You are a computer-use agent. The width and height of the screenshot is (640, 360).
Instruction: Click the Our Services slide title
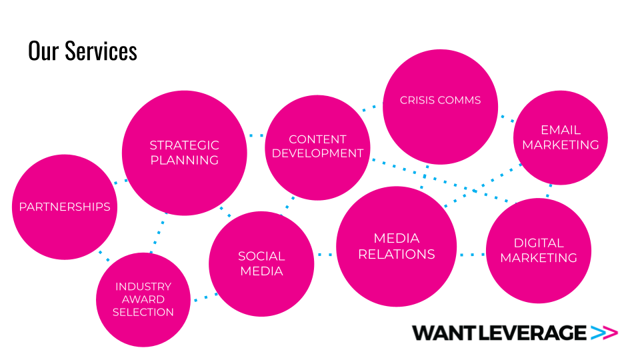click(x=83, y=51)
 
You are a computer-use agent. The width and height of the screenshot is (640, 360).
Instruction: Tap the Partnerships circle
click(x=65, y=207)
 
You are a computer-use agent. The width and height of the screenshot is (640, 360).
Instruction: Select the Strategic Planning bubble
click(x=184, y=153)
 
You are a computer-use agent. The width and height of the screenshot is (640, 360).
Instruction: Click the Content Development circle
click(x=317, y=147)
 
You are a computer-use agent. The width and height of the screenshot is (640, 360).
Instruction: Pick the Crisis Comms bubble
click(x=440, y=107)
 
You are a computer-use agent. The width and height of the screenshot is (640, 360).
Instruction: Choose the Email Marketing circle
click(x=561, y=137)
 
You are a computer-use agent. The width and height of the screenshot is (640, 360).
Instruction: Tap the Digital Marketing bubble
click(x=539, y=250)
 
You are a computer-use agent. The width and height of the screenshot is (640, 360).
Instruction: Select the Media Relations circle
click(x=397, y=246)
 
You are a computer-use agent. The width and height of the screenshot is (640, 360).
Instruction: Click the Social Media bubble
click(x=261, y=263)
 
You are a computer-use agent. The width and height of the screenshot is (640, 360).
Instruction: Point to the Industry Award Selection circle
click(x=143, y=299)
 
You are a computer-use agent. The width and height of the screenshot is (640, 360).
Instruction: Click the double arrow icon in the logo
click(x=605, y=332)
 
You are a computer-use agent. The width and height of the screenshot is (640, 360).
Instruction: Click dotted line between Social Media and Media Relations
click(x=325, y=254)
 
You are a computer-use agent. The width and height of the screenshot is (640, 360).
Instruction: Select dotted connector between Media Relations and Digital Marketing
click(x=471, y=254)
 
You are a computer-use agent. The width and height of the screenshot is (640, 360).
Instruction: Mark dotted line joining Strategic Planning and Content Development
click(x=256, y=136)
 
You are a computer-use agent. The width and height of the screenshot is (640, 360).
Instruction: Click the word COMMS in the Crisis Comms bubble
click(x=459, y=100)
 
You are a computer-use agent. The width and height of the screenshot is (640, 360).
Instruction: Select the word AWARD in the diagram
click(x=143, y=299)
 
